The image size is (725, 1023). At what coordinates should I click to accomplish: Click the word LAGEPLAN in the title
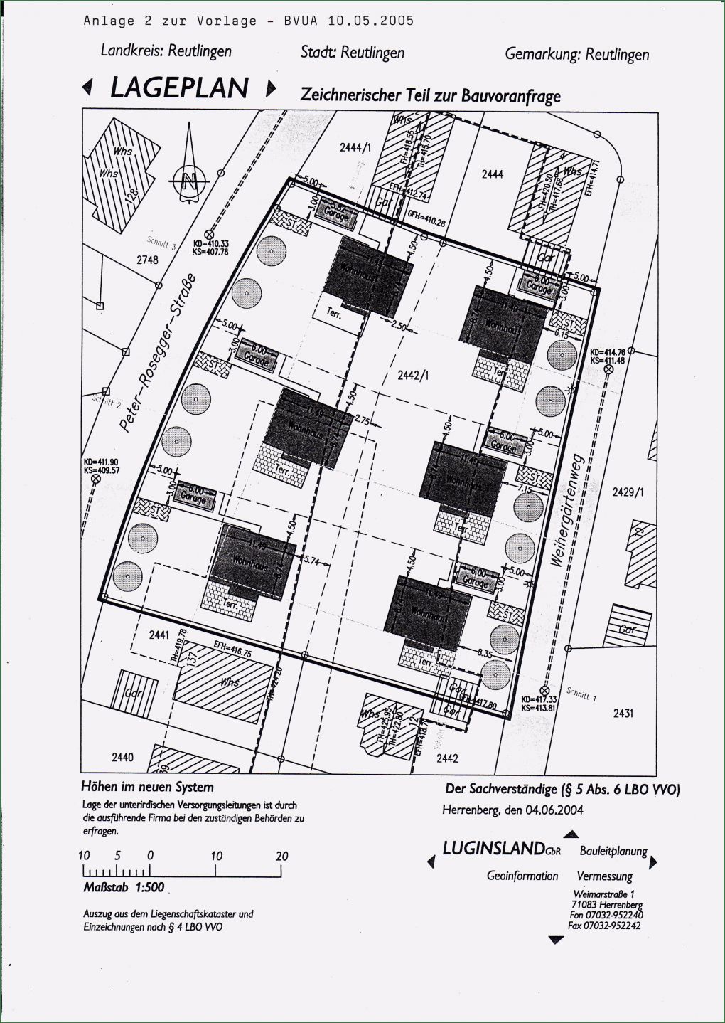tap(178, 88)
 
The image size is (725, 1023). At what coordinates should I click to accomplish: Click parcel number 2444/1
tap(355, 147)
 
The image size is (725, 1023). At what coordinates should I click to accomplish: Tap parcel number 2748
tap(147, 260)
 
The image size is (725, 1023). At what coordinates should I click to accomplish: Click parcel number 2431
tap(623, 713)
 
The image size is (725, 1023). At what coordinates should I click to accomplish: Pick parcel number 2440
tap(122, 757)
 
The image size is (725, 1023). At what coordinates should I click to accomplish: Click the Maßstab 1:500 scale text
tap(124, 887)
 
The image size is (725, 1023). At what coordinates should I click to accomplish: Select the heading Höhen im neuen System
tap(147, 787)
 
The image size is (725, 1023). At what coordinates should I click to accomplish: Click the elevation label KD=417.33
tap(538, 700)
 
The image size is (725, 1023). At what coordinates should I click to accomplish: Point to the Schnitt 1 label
tap(581, 694)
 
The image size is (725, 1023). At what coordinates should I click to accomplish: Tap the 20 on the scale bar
tap(281, 856)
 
